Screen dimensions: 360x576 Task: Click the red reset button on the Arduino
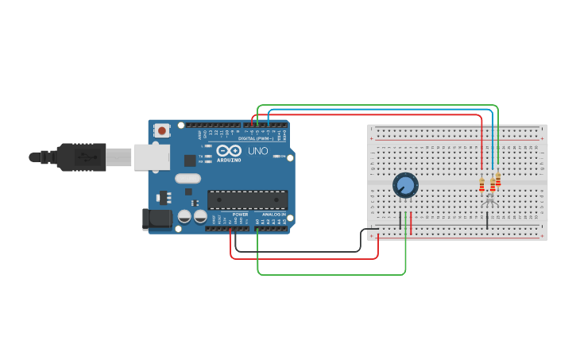(x=162, y=130)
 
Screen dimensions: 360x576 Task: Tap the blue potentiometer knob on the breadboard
(x=405, y=185)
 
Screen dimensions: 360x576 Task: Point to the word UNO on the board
(x=258, y=151)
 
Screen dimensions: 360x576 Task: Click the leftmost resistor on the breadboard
(x=481, y=185)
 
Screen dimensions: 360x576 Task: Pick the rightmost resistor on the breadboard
(x=498, y=180)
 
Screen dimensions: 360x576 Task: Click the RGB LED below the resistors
(x=489, y=199)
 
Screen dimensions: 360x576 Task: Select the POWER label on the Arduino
(x=240, y=215)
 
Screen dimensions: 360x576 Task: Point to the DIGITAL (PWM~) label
(x=255, y=138)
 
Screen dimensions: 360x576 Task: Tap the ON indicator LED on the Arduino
(x=276, y=157)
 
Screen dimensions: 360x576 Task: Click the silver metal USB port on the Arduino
(x=151, y=157)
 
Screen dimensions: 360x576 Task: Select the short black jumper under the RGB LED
(x=487, y=220)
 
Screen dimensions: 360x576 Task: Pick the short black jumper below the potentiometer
(x=400, y=220)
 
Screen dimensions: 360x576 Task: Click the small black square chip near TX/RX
(x=190, y=159)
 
